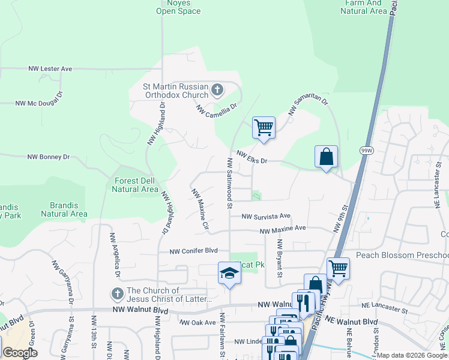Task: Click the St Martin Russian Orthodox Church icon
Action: click(x=217, y=91)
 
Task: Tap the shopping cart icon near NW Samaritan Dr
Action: click(x=264, y=128)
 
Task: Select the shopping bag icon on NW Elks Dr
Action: click(x=326, y=157)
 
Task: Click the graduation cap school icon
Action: click(x=229, y=274)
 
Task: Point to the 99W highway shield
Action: click(x=366, y=150)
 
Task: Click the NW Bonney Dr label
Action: click(x=49, y=157)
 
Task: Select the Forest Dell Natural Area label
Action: click(x=135, y=185)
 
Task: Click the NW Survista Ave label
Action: click(x=266, y=216)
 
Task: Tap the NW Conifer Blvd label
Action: click(x=192, y=251)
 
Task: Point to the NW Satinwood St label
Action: click(x=229, y=183)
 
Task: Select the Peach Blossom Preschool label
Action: click(x=402, y=255)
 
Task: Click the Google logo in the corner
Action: click(x=20, y=353)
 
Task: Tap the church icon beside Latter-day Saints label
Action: click(x=117, y=295)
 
